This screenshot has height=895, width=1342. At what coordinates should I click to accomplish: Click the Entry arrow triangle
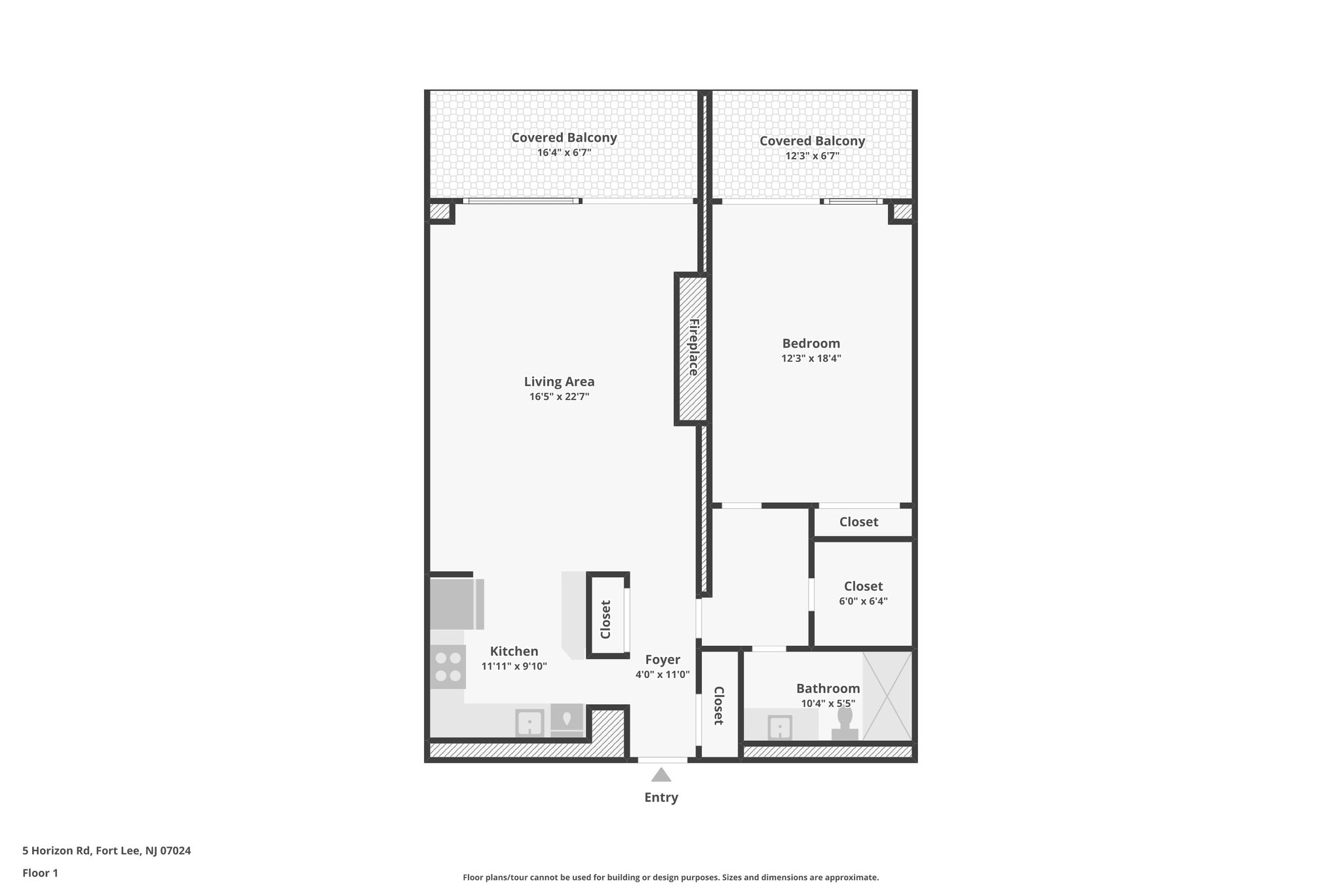coord(661,776)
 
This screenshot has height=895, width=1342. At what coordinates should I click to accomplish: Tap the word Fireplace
coord(693,348)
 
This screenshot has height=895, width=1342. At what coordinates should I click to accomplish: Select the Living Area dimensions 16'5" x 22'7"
coord(559,397)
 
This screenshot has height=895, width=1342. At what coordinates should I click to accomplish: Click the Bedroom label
coord(811,344)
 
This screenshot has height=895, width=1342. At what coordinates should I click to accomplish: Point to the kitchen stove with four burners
coord(448,666)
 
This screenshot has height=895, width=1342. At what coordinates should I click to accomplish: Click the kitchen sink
coord(529,724)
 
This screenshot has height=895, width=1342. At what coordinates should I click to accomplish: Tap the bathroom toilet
coord(845,725)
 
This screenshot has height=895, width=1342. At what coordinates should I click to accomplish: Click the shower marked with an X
coord(887,696)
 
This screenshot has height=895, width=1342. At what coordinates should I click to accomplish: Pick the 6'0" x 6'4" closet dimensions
coord(863,601)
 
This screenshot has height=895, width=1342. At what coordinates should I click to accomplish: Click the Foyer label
coord(662,660)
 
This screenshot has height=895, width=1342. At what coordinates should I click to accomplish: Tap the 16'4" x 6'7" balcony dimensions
coord(564,153)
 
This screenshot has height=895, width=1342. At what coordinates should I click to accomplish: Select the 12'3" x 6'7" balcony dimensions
coord(812,156)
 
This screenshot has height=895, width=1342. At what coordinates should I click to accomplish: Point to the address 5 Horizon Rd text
coord(106,851)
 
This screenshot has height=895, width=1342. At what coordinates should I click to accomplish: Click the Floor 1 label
coord(40,873)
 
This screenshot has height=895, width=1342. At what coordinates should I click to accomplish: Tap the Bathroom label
coord(828,688)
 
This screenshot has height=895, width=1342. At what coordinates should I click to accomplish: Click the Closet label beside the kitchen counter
coord(605,619)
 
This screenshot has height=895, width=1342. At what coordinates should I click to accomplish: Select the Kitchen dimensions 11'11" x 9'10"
coord(514,666)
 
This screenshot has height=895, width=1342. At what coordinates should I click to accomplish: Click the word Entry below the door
coord(661,798)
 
